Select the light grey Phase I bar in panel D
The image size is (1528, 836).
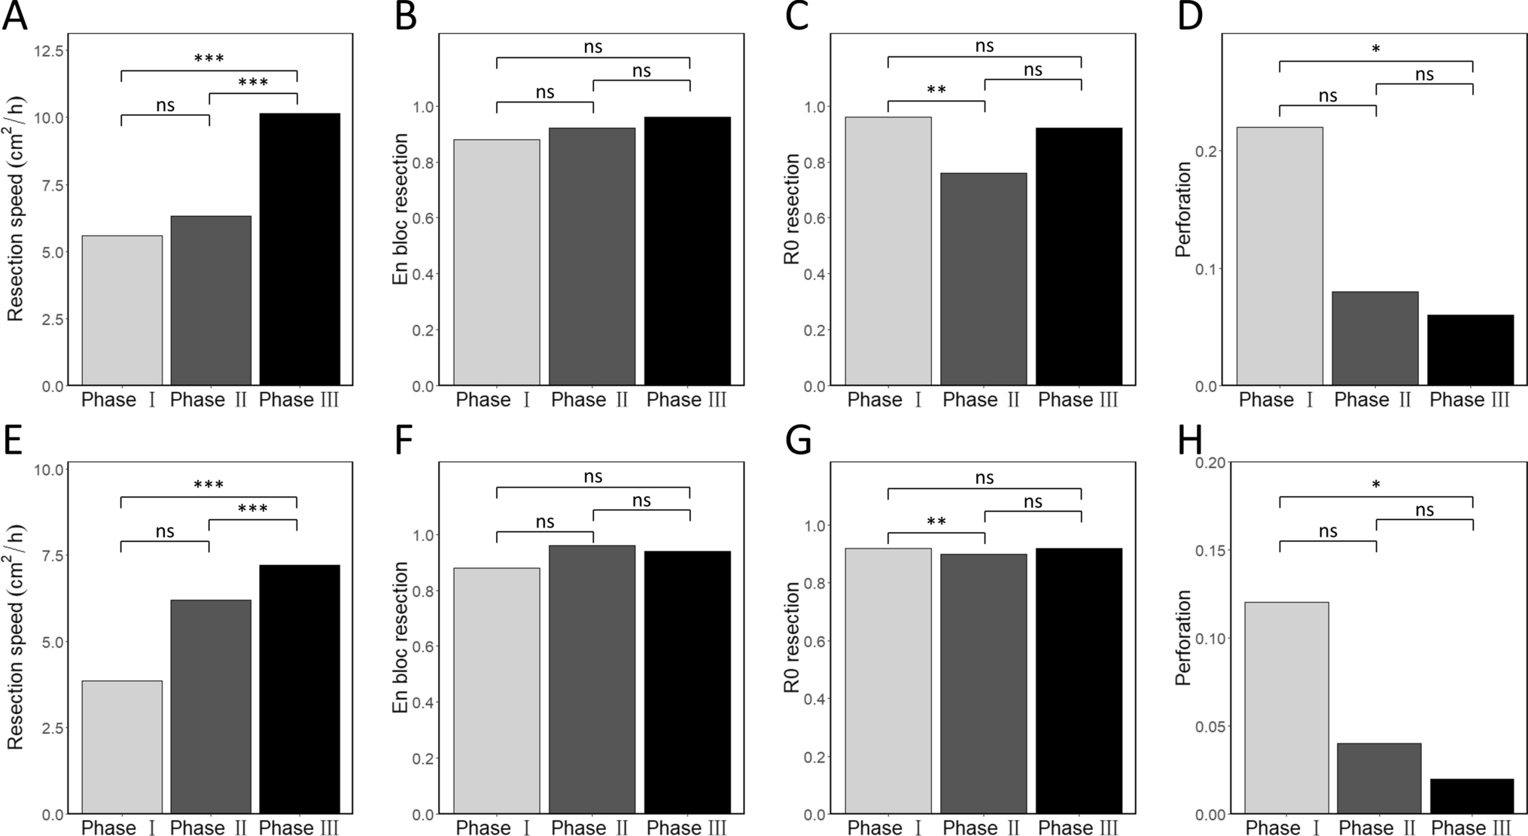(1279, 257)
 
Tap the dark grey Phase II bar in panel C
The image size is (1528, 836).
(983, 279)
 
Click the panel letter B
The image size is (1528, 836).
(406, 17)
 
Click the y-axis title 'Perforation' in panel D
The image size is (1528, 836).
(1184, 209)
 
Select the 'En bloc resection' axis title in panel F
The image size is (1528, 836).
(401, 637)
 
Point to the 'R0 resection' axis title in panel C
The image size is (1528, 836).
(792, 209)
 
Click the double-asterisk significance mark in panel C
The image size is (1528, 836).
(936, 90)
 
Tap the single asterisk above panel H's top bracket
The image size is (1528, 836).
(1375, 485)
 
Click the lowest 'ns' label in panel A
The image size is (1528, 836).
(165, 105)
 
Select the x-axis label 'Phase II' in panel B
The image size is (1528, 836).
(589, 400)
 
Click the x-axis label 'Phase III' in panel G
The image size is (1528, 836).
(1078, 828)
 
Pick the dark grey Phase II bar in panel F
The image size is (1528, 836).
(592, 679)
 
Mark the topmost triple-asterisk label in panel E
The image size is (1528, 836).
(209, 485)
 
